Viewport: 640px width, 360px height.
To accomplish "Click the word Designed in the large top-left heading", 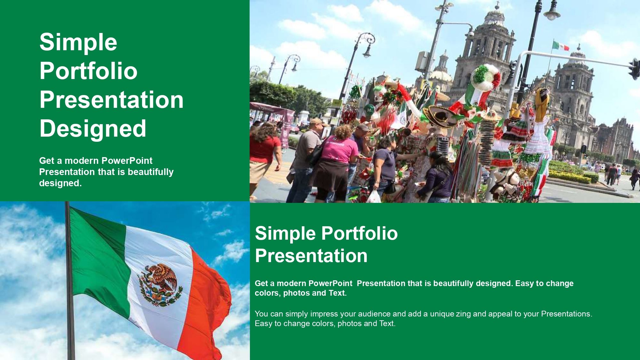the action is [x=93, y=128].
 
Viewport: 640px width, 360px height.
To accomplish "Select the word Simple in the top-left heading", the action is [x=78, y=42].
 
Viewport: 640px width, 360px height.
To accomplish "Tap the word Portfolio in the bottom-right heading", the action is [x=359, y=233].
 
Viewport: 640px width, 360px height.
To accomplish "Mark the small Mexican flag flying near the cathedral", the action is [x=561, y=46].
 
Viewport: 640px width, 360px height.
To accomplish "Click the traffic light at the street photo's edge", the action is [x=634, y=69].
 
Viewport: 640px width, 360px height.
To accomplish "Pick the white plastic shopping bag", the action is [x=373, y=196].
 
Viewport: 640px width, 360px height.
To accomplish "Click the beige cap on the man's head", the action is [x=316, y=122].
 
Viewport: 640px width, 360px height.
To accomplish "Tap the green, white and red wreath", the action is [x=485, y=77].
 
